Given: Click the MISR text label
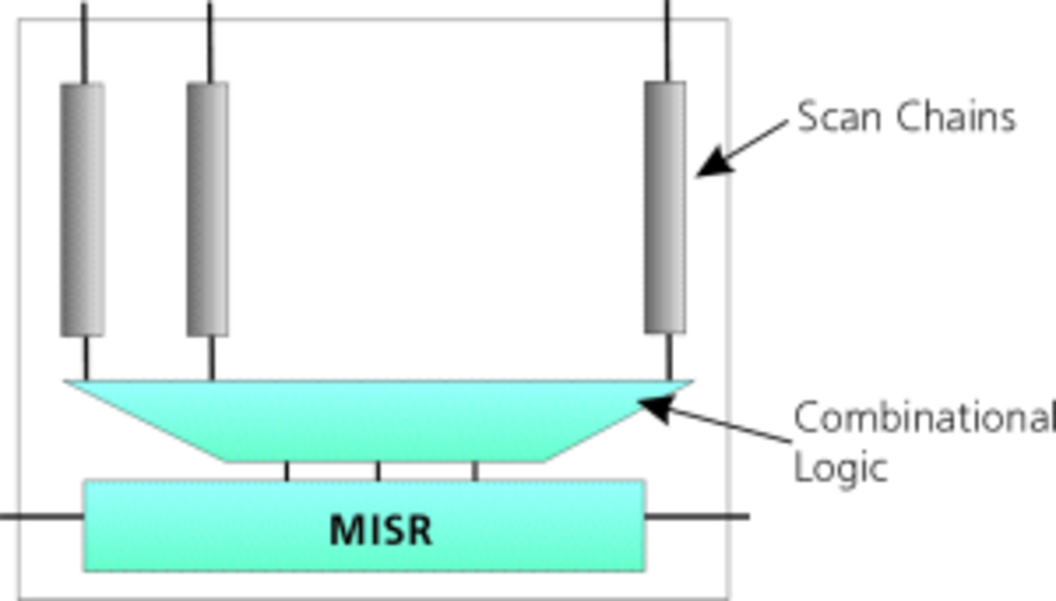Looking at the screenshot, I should [381, 530].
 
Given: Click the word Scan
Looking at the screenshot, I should [839, 117].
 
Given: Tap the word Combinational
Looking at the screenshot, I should [924, 419].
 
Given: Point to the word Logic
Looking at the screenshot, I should [840, 468].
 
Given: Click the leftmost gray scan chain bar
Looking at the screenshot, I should [82, 209].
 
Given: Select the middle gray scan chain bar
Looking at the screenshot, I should [207, 209].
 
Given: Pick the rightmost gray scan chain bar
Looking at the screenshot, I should [665, 207].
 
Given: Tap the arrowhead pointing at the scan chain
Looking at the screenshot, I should [714, 163].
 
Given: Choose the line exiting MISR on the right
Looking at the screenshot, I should [697, 516].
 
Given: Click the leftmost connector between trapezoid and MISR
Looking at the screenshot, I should [287, 471].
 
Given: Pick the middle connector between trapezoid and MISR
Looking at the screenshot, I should [378, 471].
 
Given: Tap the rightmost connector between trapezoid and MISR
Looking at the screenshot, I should [475, 471].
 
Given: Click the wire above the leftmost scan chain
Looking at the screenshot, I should [84, 41].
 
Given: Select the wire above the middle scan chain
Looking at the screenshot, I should [210, 41].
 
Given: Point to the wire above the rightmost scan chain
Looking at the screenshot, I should [667, 40].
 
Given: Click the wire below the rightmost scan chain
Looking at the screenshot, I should [669, 356].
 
